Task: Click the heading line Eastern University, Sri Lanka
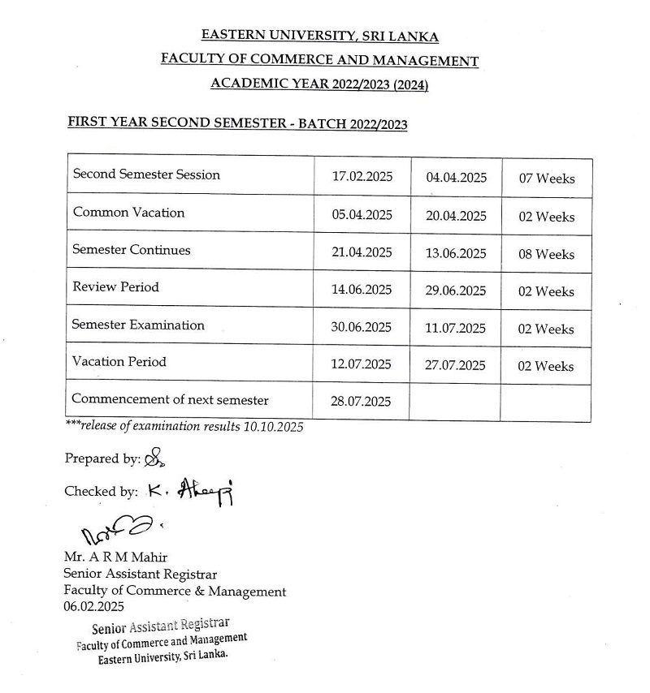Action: [319, 37]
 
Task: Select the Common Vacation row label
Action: [128, 213]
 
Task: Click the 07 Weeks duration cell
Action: [547, 179]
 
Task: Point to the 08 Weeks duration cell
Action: [547, 254]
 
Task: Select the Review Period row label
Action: [115, 287]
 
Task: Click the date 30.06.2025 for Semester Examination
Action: [362, 328]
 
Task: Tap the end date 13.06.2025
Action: [456, 254]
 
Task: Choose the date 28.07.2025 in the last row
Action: [362, 401]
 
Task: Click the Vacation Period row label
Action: [119, 362]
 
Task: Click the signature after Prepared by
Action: [154, 459]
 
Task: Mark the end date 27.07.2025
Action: [456, 365]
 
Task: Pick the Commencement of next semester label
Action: [170, 399]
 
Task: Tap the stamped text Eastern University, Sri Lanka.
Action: [162, 657]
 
